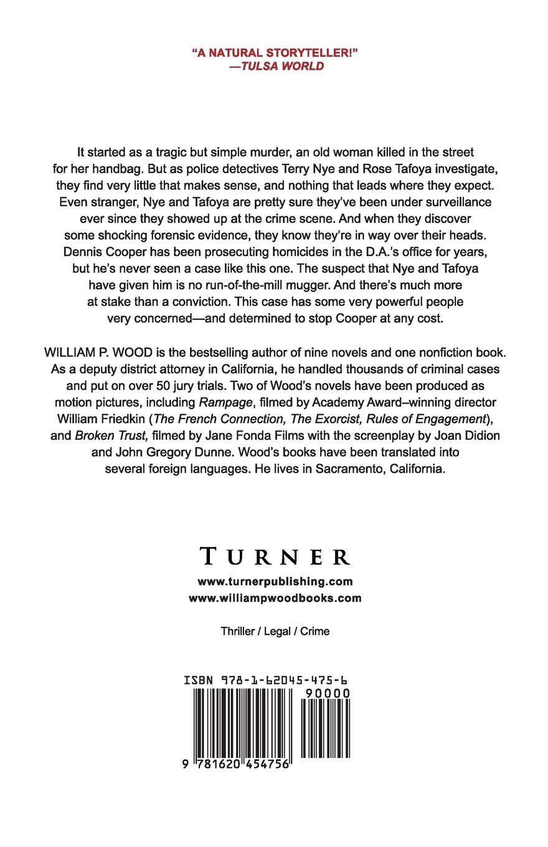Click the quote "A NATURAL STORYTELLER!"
275,53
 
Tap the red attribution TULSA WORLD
281,66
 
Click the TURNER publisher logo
275,556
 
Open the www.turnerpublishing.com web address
275,582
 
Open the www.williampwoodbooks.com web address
275,598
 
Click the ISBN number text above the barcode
275,681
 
